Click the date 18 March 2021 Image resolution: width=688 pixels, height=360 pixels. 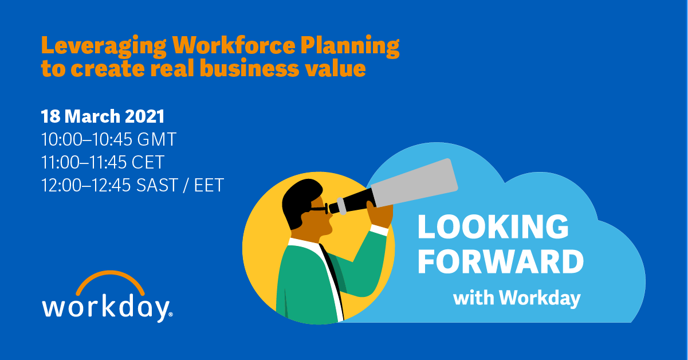103,116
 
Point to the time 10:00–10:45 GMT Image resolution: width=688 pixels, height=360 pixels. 109,139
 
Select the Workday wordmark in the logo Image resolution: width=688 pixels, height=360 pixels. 105,307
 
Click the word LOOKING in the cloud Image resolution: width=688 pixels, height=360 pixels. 493,228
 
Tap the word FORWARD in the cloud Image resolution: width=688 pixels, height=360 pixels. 500,261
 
